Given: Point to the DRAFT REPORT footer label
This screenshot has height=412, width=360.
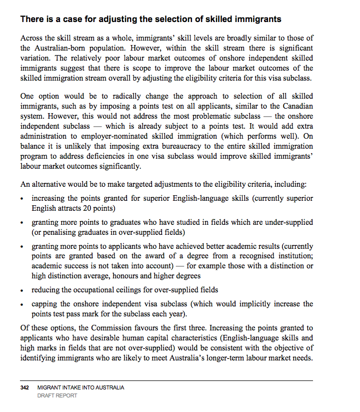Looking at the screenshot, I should click(57, 395).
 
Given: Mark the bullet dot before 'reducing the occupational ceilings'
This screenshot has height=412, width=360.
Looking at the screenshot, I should click(23, 290).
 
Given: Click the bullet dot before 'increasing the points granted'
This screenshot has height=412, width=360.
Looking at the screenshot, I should click(23, 199).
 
